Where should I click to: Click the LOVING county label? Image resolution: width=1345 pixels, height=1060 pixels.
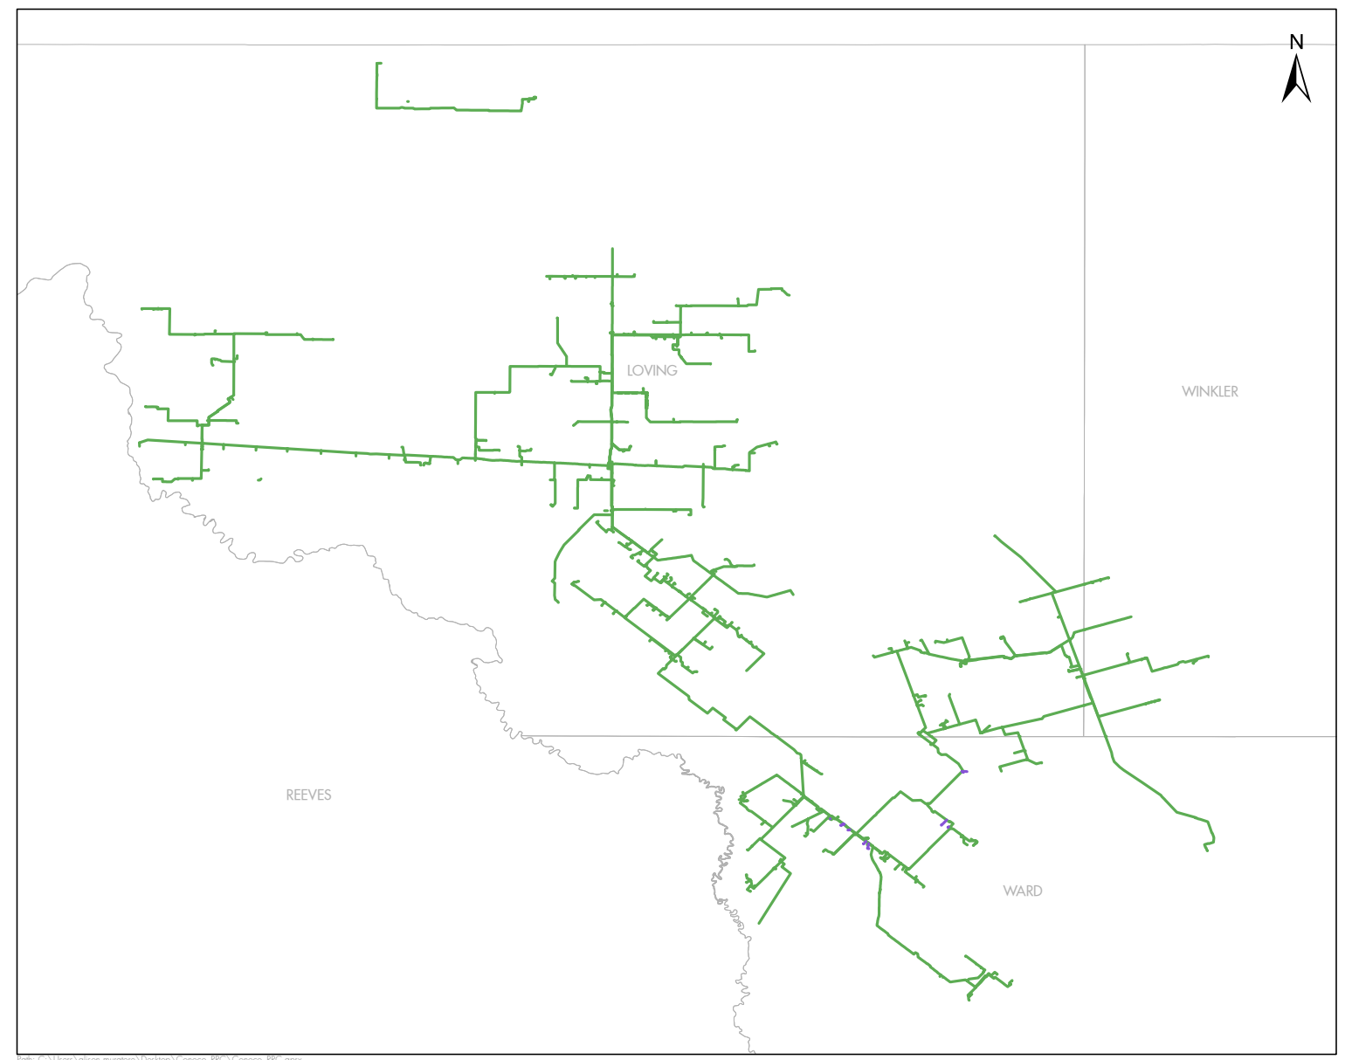652,370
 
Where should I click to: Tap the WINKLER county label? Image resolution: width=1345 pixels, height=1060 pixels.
1210,391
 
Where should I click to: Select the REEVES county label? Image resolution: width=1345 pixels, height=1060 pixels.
308,795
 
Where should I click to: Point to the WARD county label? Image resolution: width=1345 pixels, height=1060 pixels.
1022,891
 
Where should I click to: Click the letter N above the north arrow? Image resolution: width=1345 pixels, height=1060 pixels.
1296,42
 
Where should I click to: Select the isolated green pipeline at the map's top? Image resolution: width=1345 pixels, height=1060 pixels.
454,108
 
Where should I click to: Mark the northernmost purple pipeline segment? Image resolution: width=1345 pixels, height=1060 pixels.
963,771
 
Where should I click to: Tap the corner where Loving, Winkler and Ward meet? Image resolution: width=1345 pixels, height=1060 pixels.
1085,736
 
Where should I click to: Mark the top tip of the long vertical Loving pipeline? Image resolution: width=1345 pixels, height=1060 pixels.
612,249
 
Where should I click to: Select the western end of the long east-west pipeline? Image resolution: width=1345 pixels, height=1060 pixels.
140,444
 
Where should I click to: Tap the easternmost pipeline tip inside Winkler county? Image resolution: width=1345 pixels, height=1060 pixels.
1208,656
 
